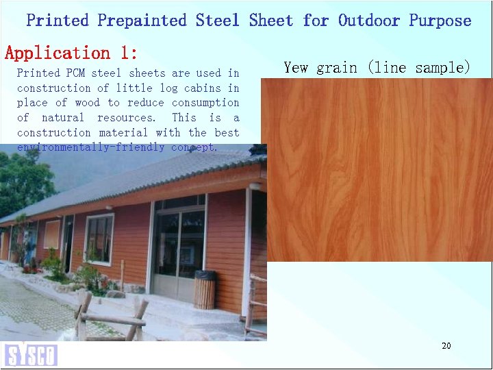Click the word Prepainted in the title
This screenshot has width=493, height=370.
tap(142, 21)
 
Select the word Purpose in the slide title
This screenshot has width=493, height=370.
tap(440, 21)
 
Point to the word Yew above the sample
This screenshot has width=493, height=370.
tap(296, 67)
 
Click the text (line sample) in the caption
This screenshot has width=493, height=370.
tap(418, 67)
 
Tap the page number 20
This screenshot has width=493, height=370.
tap(446, 346)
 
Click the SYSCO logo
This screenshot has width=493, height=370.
tap(30, 354)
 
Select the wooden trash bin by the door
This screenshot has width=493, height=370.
tap(204, 289)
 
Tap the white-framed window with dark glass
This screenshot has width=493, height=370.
tap(99, 238)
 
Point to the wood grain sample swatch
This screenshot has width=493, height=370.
tap(379, 170)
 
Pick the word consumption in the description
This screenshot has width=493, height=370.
tap(205, 103)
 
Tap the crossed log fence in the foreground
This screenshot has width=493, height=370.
tap(110, 319)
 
